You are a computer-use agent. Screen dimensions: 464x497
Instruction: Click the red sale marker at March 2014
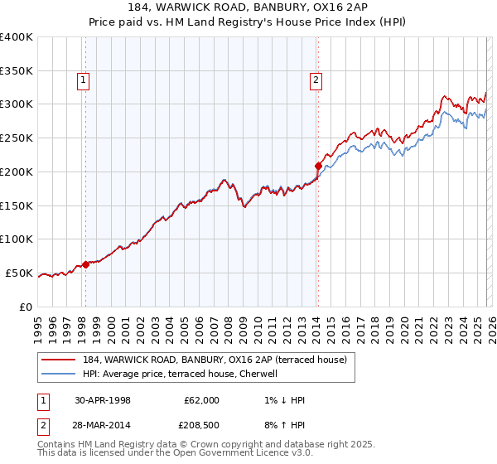318,166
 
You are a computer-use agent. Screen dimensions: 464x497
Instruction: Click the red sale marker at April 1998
85,265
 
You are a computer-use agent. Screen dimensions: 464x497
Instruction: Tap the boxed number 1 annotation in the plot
84,80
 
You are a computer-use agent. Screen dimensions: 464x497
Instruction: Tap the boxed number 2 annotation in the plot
316,80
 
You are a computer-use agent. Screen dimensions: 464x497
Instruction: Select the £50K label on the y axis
19,273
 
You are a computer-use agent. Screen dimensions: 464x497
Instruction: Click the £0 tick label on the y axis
27,307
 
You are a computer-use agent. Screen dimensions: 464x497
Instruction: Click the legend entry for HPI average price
180,375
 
